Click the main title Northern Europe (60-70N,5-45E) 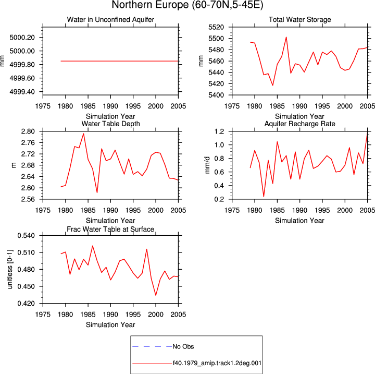(x=187, y=5)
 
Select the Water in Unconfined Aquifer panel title (x=110, y=19)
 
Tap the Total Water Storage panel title (x=299, y=19)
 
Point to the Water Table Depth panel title (x=110, y=124)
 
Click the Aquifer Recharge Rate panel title (x=299, y=124)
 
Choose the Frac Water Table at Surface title (x=110, y=230)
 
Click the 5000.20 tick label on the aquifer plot (x=22, y=38)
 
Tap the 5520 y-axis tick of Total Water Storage (x=216, y=27)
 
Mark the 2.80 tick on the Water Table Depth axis (x=28, y=131)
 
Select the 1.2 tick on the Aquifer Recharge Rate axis (x=219, y=131)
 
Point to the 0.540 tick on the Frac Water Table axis (x=26, y=236)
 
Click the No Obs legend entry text (x=183, y=346)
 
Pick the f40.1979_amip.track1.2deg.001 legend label (x=217, y=363)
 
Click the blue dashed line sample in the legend (x=152, y=346)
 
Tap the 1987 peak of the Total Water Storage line (x=286, y=37)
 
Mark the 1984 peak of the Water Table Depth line (x=83, y=134)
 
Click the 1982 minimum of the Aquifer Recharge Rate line (x=264, y=197)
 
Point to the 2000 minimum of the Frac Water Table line (x=156, y=295)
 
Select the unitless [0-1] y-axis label (x=10, y=269)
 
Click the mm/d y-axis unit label (x=207, y=165)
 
